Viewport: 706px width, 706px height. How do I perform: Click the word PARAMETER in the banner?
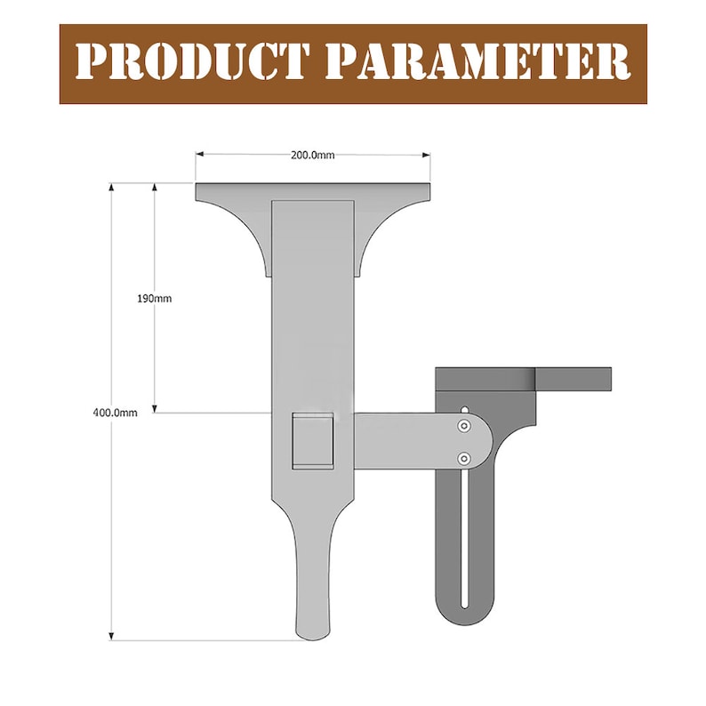(x=477, y=63)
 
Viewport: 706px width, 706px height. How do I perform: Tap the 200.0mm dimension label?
(x=312, y=155)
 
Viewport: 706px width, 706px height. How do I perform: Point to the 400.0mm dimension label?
(x=114, y=412)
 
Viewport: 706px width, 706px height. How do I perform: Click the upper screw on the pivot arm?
(x=463, y=428)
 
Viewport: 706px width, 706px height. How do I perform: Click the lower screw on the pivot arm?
(x=463, y=458)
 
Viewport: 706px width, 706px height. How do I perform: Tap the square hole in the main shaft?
(x=313, y=441)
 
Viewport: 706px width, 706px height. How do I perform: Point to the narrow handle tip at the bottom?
(x=311, y=614)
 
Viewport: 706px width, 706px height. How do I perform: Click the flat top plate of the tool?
(x=312, y=191)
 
